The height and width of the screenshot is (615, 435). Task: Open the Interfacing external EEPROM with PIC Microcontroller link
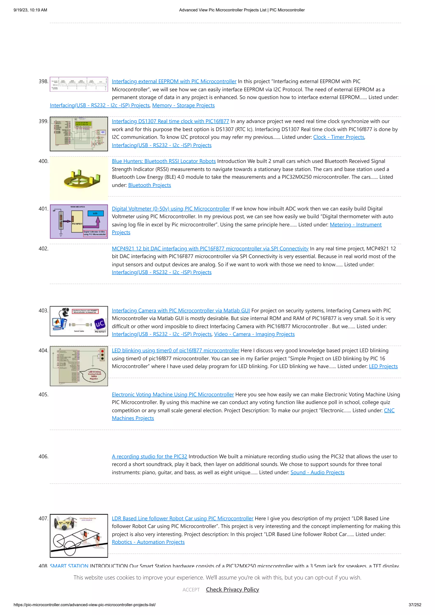174,82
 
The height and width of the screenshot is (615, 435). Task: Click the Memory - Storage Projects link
183,106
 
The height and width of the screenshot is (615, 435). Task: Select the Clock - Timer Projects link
339,137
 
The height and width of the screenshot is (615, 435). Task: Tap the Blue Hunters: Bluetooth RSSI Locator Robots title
164,161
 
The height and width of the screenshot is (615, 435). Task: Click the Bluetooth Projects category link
149,185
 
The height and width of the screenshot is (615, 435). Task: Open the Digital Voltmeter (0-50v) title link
171,209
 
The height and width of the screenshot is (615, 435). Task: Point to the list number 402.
43,249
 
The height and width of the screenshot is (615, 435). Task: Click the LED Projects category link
383,366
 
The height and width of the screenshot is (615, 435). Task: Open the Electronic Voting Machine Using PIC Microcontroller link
173,395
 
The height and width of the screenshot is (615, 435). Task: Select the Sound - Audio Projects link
317,473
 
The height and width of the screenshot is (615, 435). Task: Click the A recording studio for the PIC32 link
149,457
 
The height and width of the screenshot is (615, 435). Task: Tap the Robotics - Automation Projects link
148,542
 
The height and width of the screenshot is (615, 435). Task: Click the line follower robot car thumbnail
79,536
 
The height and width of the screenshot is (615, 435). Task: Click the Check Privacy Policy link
232,590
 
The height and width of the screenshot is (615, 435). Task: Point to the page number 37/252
415,605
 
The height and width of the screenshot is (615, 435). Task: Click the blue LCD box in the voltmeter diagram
95,213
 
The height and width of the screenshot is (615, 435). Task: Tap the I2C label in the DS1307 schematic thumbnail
103,132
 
